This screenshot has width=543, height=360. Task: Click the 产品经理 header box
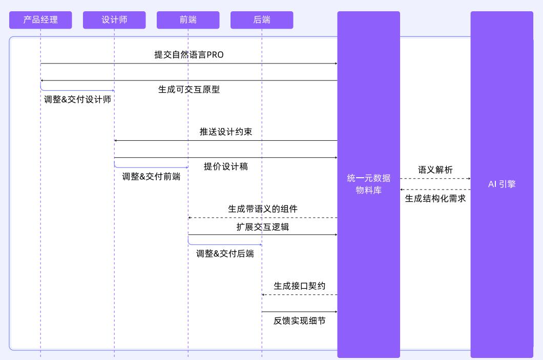40,20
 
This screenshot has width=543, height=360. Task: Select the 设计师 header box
114,20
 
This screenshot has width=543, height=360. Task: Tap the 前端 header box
188,20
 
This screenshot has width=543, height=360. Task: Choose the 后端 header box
262,20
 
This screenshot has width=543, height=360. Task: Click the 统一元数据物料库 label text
368,184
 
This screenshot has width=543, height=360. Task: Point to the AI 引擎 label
502,184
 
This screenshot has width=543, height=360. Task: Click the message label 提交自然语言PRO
189,55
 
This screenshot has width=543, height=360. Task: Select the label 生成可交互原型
189,89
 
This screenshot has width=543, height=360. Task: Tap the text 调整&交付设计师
78,99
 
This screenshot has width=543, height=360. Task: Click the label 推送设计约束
226,132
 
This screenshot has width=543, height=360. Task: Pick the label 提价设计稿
226,166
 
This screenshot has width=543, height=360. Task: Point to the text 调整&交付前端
151,176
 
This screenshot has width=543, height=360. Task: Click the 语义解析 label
435,170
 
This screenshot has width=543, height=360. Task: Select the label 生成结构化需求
435,198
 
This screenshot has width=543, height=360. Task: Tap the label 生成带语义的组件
263,209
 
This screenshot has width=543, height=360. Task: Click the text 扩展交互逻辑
263,226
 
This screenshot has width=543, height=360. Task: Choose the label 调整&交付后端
225,253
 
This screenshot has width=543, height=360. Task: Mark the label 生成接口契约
300,286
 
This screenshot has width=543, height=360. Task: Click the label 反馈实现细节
300,321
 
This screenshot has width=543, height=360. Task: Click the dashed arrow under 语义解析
435,179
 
